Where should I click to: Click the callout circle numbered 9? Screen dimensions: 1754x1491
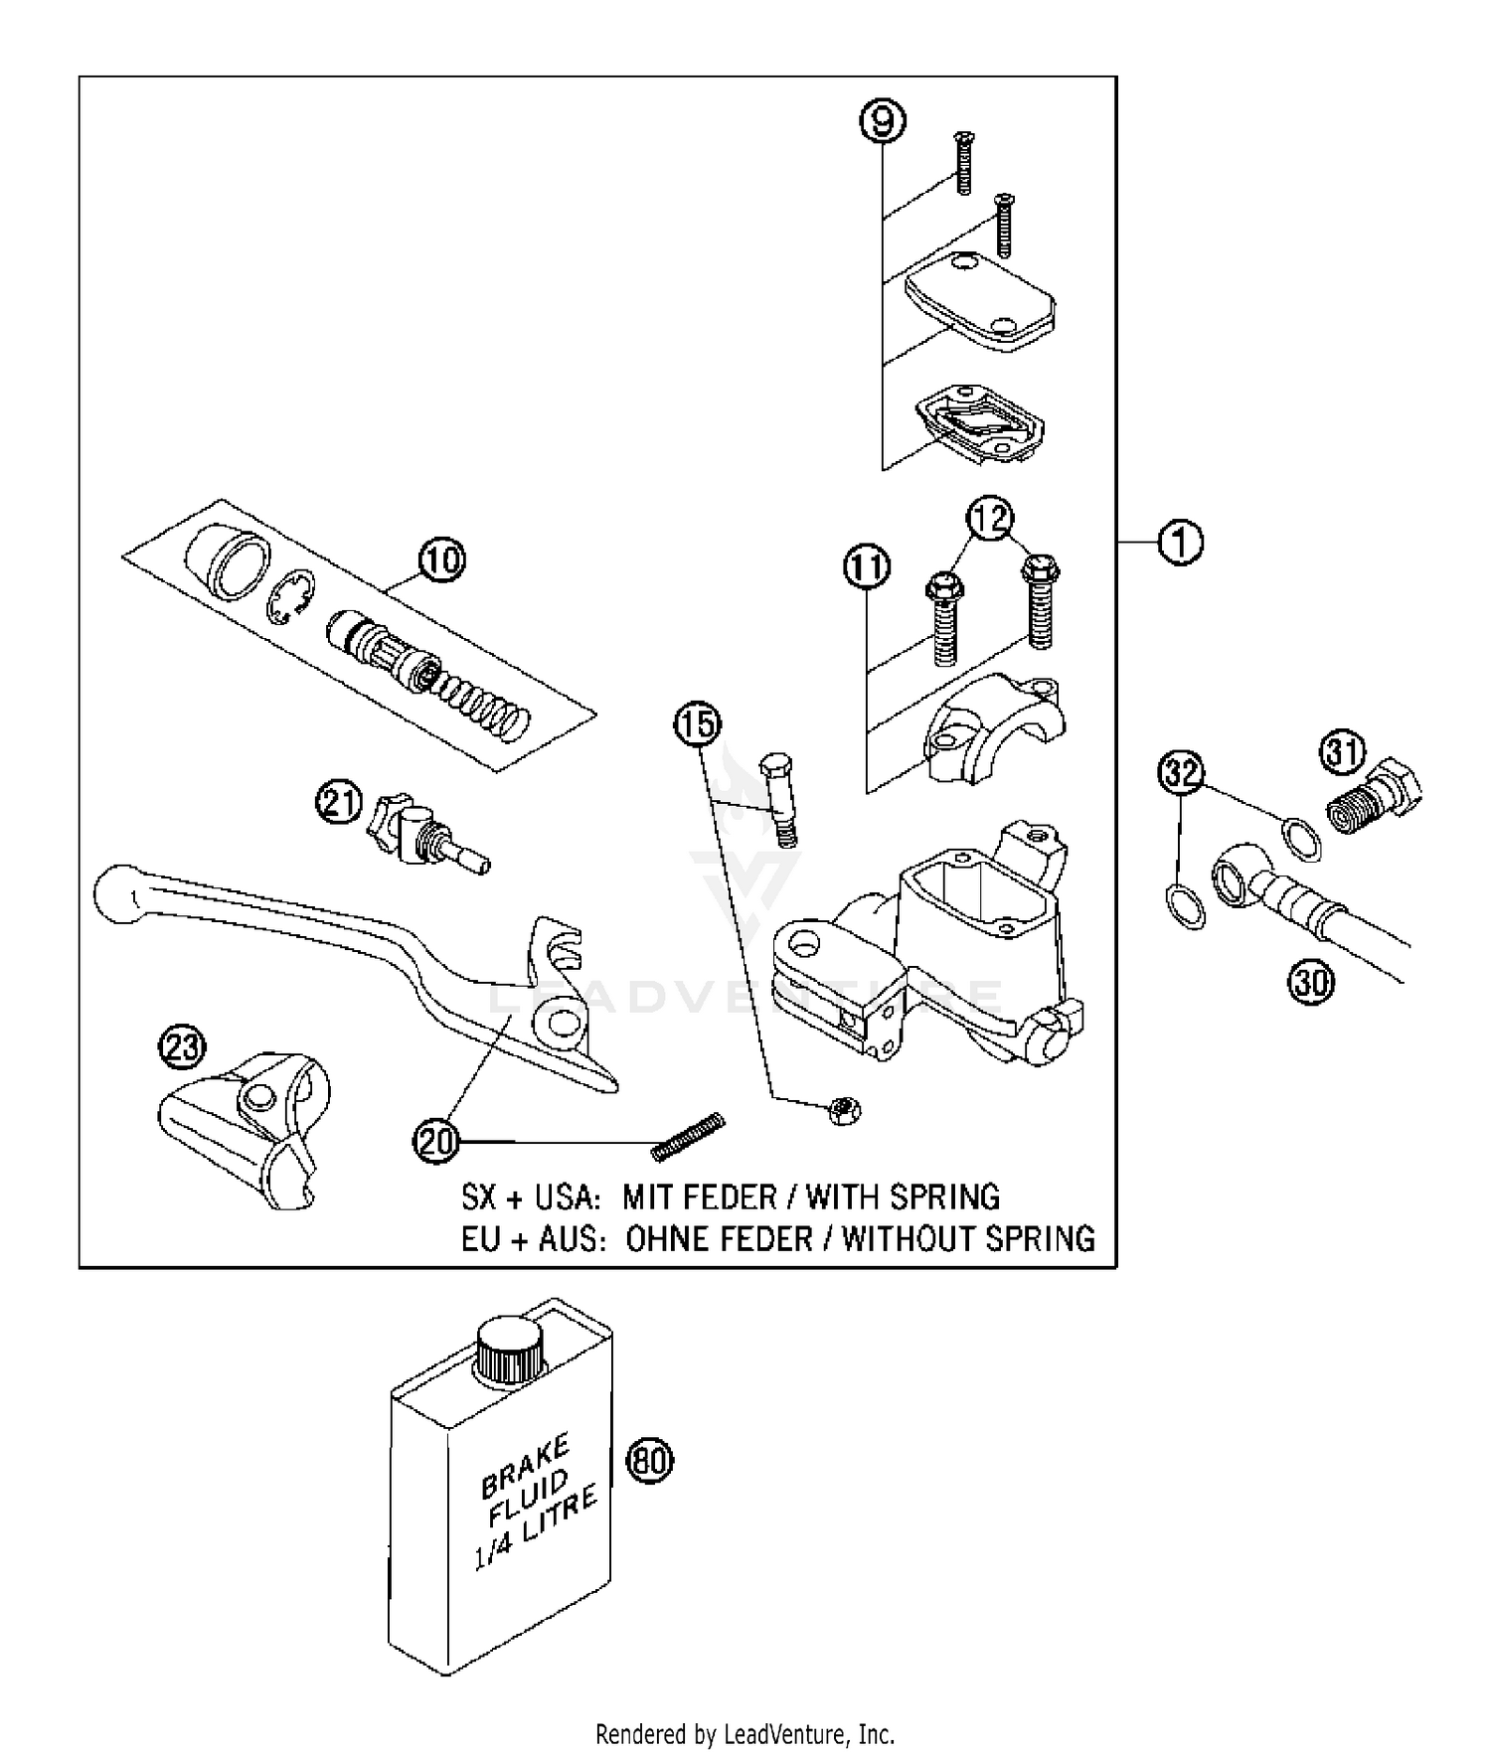[x=883, y=122]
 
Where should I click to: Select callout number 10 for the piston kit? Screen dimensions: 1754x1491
[x=441, y=559]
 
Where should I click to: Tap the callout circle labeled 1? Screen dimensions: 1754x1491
[x=1181, y=543]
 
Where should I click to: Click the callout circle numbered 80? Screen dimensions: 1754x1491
[x=650, y=1461]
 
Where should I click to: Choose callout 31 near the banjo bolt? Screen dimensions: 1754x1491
[x=1343, y=753]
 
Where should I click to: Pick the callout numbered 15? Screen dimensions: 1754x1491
[x=698, y=724]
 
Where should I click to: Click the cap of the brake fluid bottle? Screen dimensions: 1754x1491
[x=509, y=1348]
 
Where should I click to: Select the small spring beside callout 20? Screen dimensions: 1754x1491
[x=688, y=1135]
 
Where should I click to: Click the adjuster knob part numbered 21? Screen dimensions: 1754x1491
[x=403, y=828]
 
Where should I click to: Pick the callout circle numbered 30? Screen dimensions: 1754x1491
[x=1311, y=982]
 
